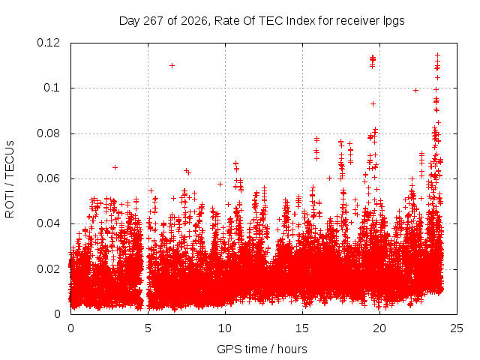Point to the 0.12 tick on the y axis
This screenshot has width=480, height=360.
(48, 43)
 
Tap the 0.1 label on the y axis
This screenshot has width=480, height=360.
(52, 88)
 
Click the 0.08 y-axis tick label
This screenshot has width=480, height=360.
(48, 133)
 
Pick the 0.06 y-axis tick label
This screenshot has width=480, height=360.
(48, 178)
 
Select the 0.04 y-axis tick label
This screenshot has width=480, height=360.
(48, 223)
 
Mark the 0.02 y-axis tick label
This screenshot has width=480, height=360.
(48, 269)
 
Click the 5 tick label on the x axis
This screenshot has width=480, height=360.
(148, 328)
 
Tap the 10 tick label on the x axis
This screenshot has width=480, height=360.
(225, 328)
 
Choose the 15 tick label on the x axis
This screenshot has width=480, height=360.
(302, 328)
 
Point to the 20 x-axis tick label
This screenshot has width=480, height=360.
(379, 328)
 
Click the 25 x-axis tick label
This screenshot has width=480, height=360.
(457, 328)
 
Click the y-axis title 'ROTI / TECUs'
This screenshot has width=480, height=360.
(10, 179)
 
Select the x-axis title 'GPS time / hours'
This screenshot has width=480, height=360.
(262, 349)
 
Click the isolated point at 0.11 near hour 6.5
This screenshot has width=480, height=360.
(172, 65)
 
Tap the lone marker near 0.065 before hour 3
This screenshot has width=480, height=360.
(115, 167)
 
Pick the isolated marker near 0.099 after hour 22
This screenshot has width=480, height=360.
(415, 90)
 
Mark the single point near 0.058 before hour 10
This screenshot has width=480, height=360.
(220, 184)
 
